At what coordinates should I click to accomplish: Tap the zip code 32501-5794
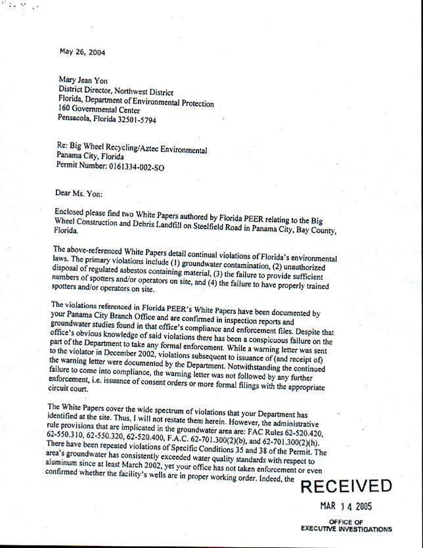click(135, 120)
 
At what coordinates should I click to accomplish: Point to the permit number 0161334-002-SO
click(150, 168)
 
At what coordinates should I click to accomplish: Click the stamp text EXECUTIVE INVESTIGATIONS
click(346, 528)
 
